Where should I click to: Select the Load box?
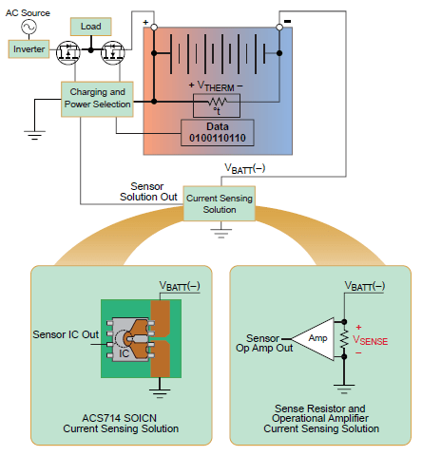coord(91,27)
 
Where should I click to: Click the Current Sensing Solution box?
coord(220,202)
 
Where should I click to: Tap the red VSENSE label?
coord(370,339)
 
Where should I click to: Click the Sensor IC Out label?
coord(66,333)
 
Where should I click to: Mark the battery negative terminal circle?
coord(279,28)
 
